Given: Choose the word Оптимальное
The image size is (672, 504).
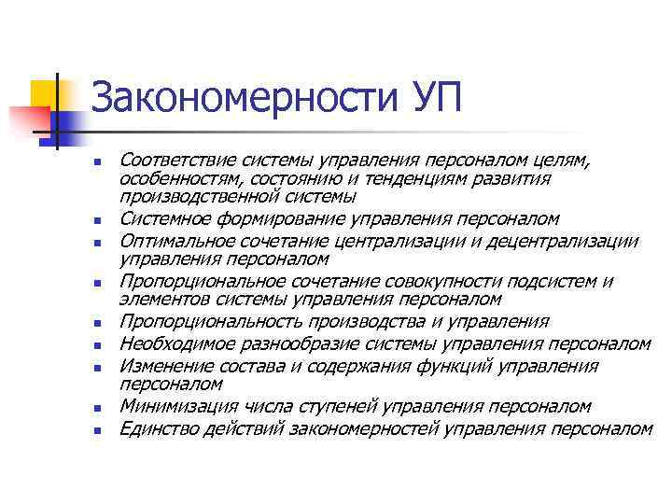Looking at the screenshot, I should pos(173,242).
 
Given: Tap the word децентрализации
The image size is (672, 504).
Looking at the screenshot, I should pos(571,242).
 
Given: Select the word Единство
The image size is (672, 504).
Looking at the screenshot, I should pos(153,429).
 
